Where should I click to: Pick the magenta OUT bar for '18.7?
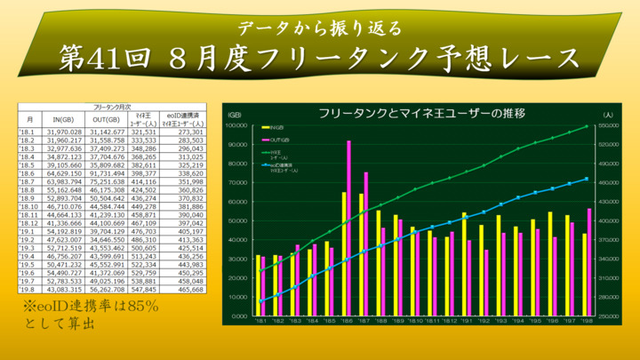[366, 244]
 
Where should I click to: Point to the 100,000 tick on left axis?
[236, 125]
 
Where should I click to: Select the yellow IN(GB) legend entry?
[272, 128]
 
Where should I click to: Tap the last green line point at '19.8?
[587, 126]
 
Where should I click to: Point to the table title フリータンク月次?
[114, 106]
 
